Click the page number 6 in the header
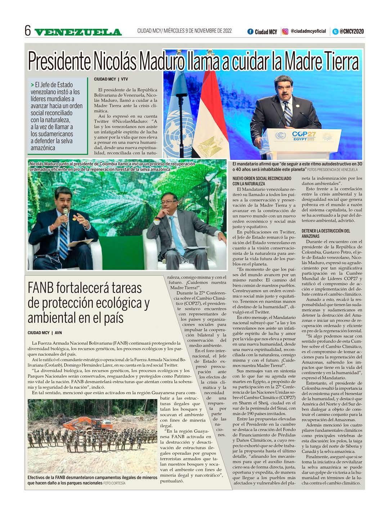28,31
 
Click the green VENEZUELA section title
78,32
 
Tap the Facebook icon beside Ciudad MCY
250,32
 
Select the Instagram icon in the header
285,32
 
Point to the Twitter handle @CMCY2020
351,32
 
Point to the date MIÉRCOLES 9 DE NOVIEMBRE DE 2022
198,31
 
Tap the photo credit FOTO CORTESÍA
114,483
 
